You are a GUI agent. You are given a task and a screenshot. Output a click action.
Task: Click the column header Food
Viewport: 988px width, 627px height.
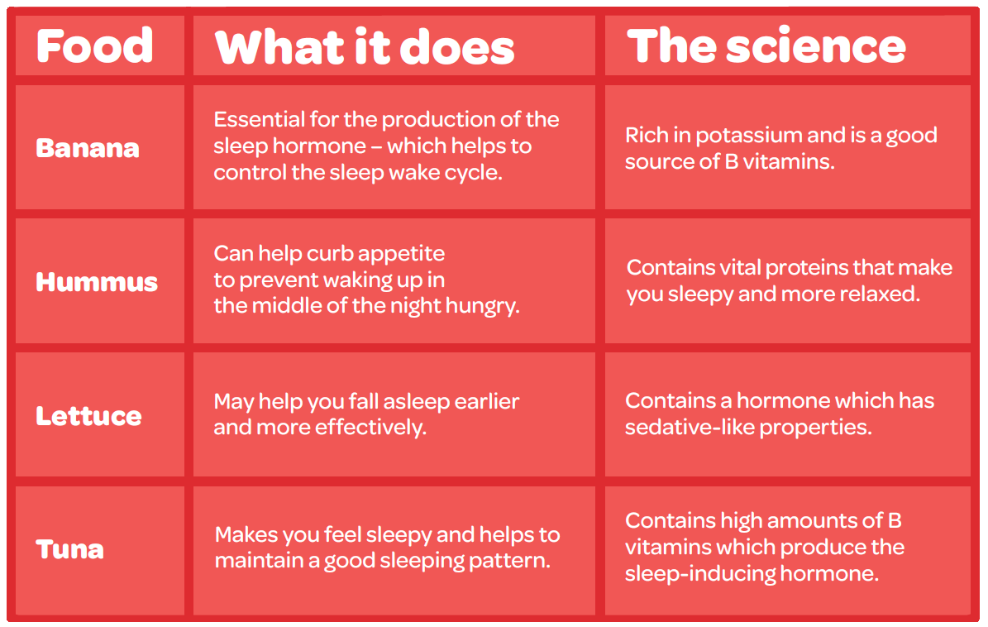click(x=94, y=45)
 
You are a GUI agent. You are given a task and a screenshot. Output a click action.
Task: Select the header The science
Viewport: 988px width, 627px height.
click(x=766, y=45)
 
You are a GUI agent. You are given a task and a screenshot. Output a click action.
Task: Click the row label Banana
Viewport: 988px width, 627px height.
click(x=88, y=148)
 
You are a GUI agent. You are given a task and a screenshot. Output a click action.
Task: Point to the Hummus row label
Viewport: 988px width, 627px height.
click(x=97, y=282)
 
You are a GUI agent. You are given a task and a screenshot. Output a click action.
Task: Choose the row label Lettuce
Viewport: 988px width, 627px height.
click(x=88, y=416)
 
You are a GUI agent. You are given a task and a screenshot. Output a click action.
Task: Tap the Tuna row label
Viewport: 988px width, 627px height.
click(x=70, y=549)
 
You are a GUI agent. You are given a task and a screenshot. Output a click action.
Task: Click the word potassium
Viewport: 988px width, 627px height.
click(x=748, y=136)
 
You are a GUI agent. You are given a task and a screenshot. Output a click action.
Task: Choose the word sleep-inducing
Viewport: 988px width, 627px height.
click(x=699, y=574)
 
